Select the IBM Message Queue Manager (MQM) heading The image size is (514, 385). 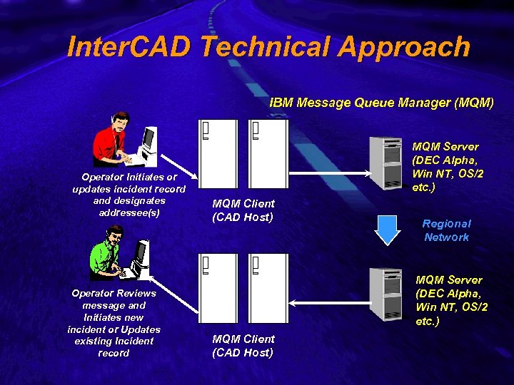[x=381, y=102]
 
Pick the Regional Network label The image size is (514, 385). [x=446, y=230]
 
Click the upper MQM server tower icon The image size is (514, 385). [x=385, y=163]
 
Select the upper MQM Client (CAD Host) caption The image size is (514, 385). [x=243, y=210]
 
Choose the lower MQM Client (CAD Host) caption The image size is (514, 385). [x=243, y=345]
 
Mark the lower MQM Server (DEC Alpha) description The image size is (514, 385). [x=451, y=299]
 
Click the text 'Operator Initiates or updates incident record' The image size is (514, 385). [x=128, y=195]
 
